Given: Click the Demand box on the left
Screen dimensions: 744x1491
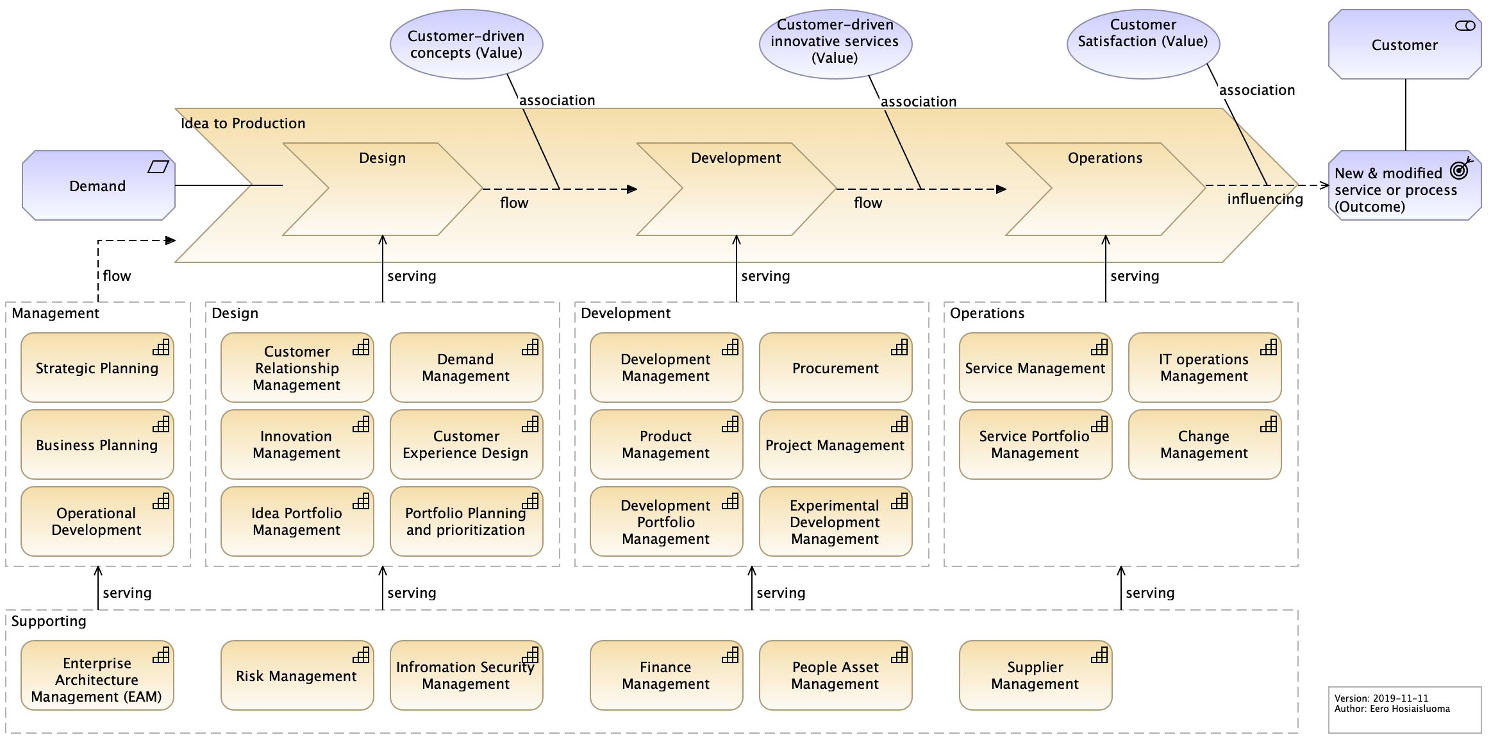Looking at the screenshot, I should click(97, 186).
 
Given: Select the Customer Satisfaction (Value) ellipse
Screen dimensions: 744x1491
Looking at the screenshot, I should click(1143, 44).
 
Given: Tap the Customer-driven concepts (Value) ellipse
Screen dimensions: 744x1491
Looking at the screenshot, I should click(466, 44).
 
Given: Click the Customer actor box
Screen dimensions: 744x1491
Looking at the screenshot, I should click(1404, 45).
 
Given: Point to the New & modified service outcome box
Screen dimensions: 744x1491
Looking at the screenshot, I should click(1397, 190).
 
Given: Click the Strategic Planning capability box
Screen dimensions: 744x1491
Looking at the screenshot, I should click(97, 368).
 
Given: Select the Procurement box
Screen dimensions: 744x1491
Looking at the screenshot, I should click(835, 368).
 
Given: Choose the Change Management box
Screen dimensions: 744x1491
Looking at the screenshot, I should click(1204, 445).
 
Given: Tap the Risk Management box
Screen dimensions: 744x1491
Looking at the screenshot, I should click(296, 676).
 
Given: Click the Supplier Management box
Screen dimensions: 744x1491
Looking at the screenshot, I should click(1035, 676).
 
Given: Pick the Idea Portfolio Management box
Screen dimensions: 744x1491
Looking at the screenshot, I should click(296, 522).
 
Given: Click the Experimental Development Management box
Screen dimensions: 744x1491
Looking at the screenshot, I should click(835, 522).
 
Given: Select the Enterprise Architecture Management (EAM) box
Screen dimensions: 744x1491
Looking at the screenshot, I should click(97, 680).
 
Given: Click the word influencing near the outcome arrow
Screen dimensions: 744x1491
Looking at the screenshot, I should click(1265, 199).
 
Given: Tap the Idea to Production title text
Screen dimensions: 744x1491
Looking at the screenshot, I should click(243, 123).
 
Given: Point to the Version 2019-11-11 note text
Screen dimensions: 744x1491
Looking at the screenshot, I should click(1381, 698).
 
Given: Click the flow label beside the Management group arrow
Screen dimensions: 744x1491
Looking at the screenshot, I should click(117, 276).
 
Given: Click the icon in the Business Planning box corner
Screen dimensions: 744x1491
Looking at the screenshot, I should click(161, 424).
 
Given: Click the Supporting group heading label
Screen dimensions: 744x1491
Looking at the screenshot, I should click(49, 621).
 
